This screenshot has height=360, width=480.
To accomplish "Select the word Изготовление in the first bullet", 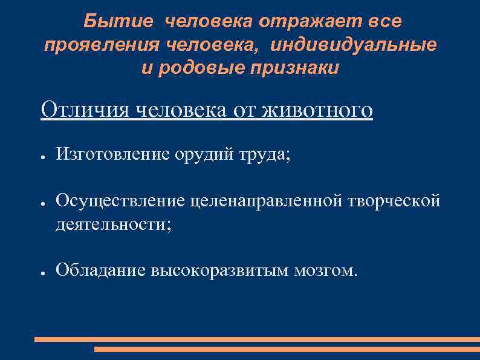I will tap(114, 155).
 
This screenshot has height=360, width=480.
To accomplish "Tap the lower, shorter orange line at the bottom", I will tap(287, 349).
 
